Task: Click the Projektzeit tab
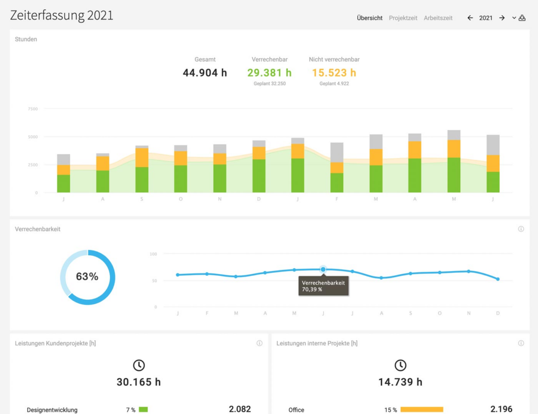[x=403, y=18]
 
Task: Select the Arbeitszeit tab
[x=438, y=18]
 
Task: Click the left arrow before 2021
[x=470, y=18]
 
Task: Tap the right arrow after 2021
[x=502, y=18]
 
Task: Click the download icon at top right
[x=522, y=18]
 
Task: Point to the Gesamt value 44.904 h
[x=205, y=73]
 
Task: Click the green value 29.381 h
[x=270, y=73]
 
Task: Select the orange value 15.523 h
[x=334, y=73]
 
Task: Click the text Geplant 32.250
[x=270, y=84]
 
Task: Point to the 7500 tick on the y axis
[x=33, y=109]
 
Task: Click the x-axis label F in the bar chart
[x=337, y=199]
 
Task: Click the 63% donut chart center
[x=87, y=276]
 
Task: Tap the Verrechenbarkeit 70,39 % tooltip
[x=324, y=286]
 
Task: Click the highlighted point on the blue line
[x=323, y=270]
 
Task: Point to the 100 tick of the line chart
[x=153, y=254]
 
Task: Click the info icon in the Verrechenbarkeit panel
[x=521, y=229]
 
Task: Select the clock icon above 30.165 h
[x=139, y=365]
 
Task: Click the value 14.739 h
[x=400, y=382]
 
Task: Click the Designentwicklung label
[x=52, y=410]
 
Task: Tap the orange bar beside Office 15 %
[x=422, y=410]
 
